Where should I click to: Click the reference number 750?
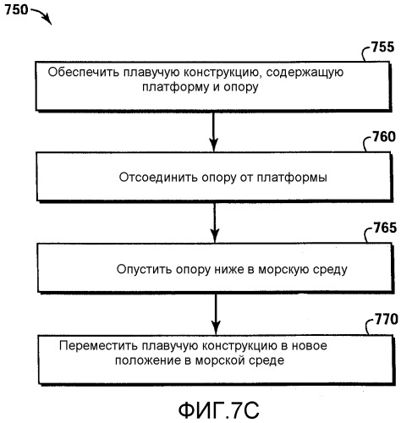pyautogui.click(x=16, y=10)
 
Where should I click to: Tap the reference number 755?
pyautogui.click(x=382, y=47)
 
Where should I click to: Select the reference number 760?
pyautogui.click(x=384, y=137)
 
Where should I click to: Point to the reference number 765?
pyautogui.click(x=385, y=228)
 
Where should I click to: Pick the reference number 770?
pyautogui.click(x=387, y=319)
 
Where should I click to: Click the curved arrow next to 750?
pyautogui.click(x=42, y=14)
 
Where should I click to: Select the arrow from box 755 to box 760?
pyautogui.click(x=213, y=132)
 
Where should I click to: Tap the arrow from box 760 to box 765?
pyautogui.click(x=215, y=222)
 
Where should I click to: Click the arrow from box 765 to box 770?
pyautogui.click(x=216, y=314)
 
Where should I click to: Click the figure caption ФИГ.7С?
pyautogui.click(x=219, y=410)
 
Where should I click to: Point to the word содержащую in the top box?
pyautogui.click(x=305, y=73)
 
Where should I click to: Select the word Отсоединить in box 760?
pyautogui.click(x=157, y=178)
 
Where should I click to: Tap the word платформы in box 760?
pyautogui.click(x=292, y=179)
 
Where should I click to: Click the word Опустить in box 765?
pyautogui.click(x=143, y=269)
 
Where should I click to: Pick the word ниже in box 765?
pyautogui.click(x=229, y=269)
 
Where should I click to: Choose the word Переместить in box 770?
pyautogui.click(x=99, y=345)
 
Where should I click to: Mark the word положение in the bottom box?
pyautogui.click(x=148, y=360)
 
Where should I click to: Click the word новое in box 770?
pyautogui.click(x=310, y=346)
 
